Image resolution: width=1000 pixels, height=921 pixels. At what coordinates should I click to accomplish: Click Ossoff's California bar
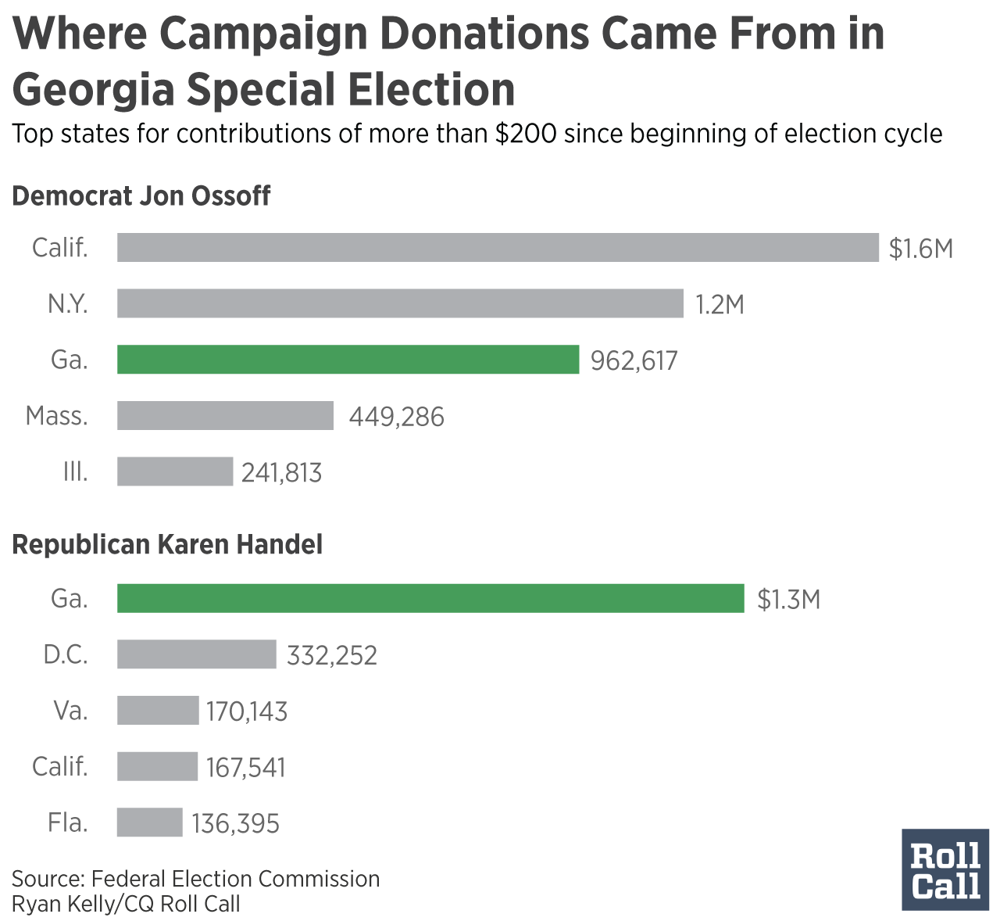(x=498, y=247)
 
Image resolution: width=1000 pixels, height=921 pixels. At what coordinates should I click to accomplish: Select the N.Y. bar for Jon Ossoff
(x=400, y=303)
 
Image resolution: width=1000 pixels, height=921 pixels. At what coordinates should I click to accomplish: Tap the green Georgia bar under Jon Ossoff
(x=348, y=360)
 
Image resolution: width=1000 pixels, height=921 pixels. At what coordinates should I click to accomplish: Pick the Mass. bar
(x=225, y=416)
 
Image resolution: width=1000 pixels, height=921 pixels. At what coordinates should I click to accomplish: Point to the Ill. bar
(x=175, y=472)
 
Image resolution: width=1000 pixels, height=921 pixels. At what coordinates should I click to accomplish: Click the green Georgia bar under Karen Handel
(x=430, y=599)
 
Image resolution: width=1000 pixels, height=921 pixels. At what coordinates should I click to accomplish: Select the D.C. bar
(x=197, y=654)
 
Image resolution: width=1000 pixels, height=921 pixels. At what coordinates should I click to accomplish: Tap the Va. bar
(x=158, y=711)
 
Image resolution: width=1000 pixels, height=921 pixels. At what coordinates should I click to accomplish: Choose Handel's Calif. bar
(x=157, y=766)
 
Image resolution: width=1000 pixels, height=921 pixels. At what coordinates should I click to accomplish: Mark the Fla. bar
(x=149, y=822)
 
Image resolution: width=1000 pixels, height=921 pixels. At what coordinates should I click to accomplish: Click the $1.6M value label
(x=921, y=249)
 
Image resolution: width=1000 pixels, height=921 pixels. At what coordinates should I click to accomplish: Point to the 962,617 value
(x=634, y=361)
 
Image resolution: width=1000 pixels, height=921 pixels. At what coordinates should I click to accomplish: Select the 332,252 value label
(x=332, y=655)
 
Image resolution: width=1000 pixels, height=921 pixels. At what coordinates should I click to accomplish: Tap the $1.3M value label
(x=788, y=600)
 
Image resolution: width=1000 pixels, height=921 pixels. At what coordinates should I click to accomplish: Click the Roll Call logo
(x=945, y=869)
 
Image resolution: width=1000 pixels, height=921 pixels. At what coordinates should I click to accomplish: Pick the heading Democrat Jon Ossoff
(x=141, y=195)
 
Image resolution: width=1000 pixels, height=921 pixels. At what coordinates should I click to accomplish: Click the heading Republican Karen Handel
(x=167, y=544)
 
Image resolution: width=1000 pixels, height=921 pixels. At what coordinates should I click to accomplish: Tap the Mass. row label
(x=57, y=416)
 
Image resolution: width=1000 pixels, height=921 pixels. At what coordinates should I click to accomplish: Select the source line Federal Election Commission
(x=195, y=879)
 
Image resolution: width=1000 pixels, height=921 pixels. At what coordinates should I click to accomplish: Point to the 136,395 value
(x=235, y=823)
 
